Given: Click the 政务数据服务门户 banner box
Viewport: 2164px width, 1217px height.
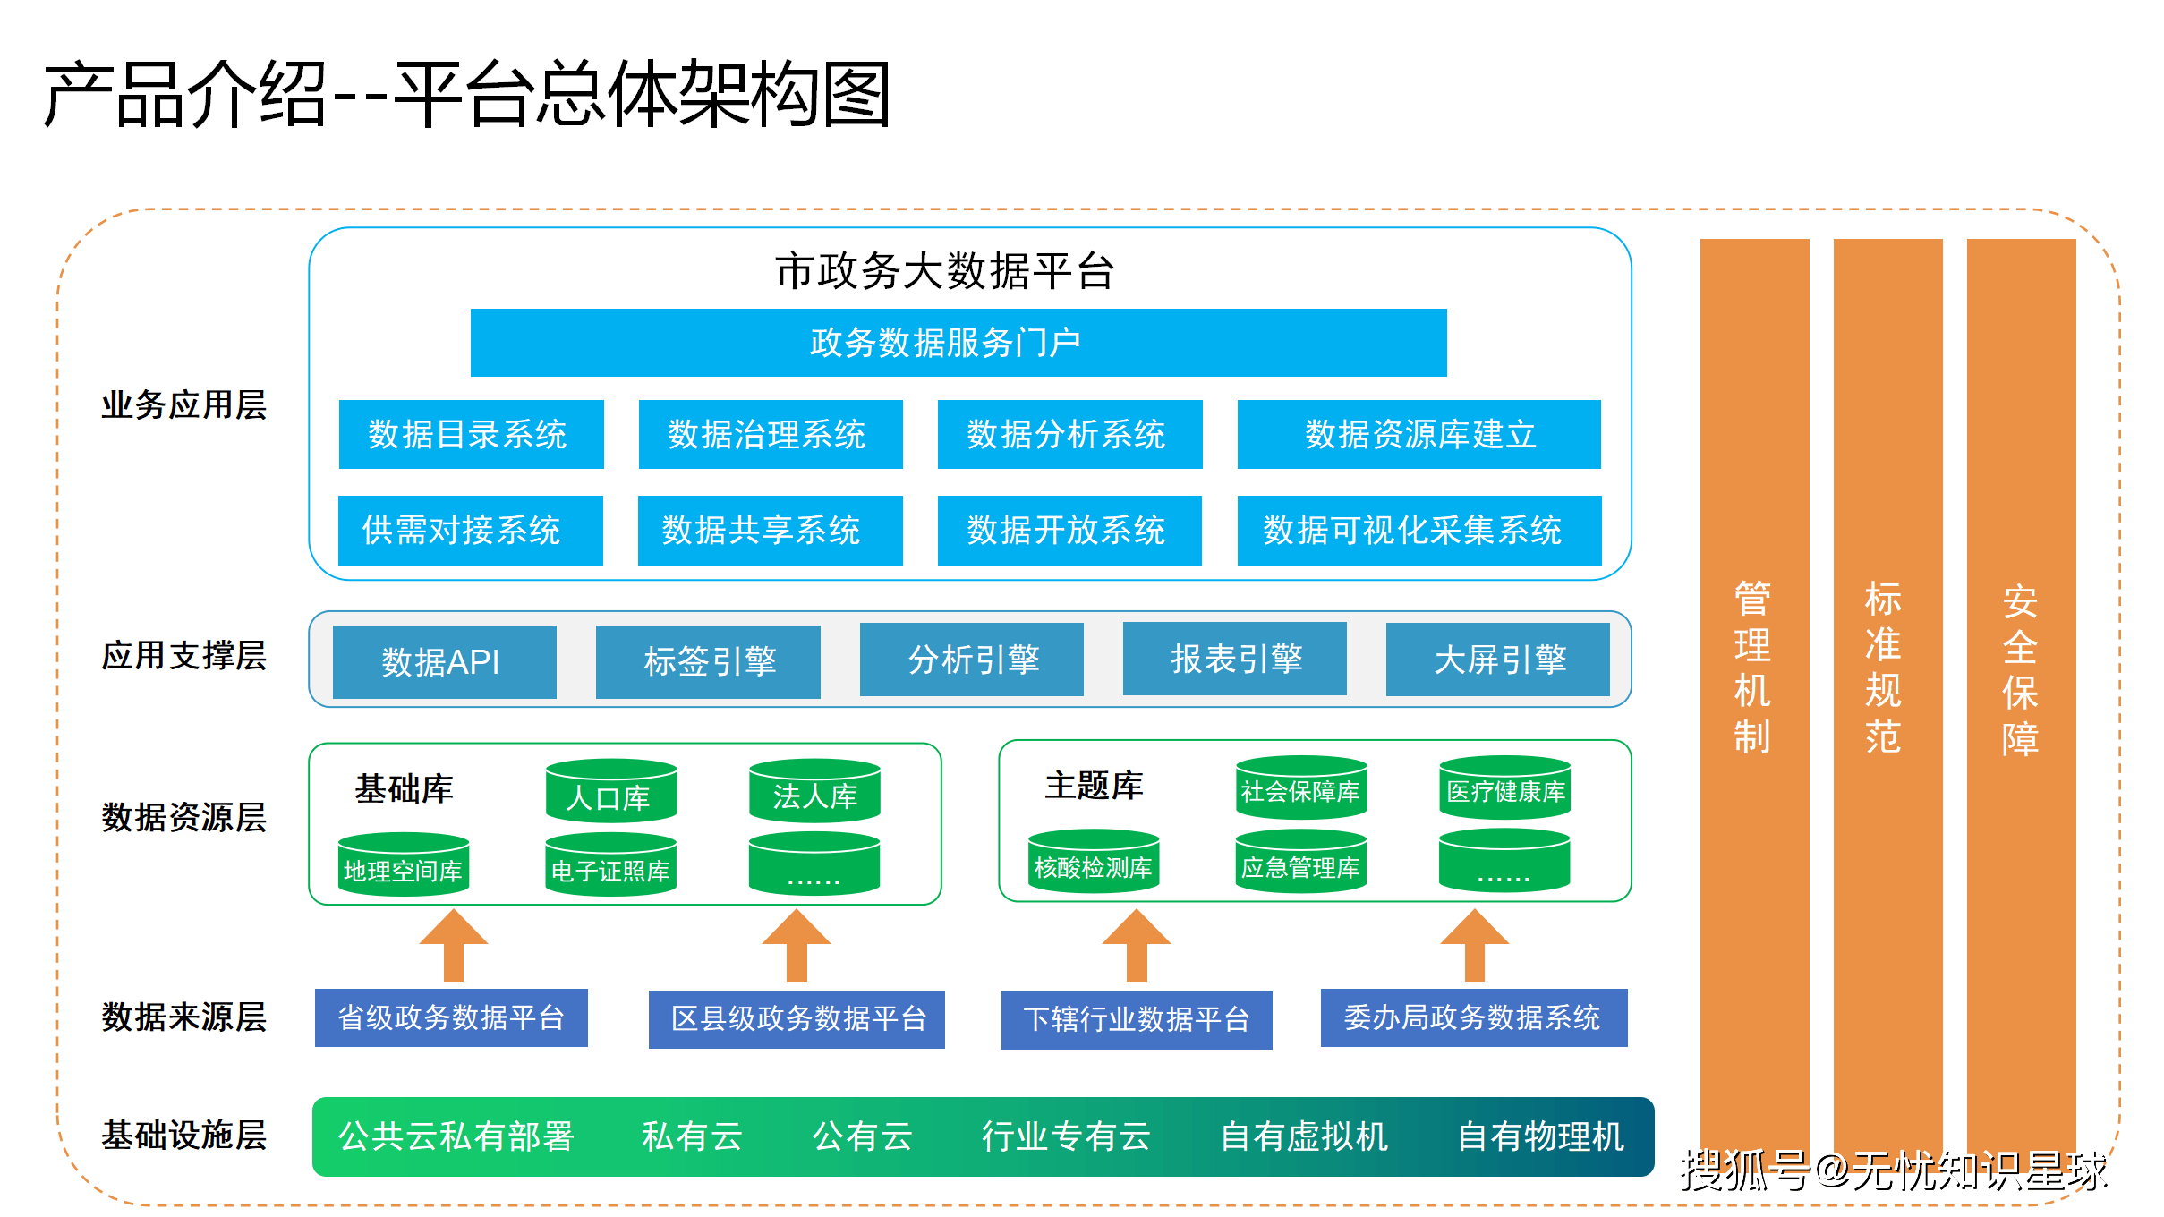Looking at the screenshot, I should (x=958, y=343).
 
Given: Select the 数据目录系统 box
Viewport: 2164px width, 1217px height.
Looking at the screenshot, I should (x=471, y=435).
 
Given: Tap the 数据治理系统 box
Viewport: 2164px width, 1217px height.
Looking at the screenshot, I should (x=770, y=435).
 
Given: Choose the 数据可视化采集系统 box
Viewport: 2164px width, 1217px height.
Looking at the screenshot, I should (x=1419, y=531).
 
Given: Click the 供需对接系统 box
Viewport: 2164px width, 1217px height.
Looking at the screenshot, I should (x=470, y=531).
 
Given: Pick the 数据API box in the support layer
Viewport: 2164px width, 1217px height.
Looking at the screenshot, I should (x=444, y=662).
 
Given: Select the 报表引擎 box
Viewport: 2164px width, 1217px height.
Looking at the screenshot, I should (x=1234, y=660).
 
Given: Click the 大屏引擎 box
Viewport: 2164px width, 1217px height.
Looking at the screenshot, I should (x=1497, y=660).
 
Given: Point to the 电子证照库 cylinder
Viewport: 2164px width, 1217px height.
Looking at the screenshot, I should (x=611, y=866).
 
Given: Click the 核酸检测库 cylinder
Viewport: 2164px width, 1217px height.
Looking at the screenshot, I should (x=1093, y=864).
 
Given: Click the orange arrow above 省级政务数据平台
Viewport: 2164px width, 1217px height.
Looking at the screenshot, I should (x=454, y=947).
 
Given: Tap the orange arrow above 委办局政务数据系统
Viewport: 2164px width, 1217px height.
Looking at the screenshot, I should (x=1474, y=947).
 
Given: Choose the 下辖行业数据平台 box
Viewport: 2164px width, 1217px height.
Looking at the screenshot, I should (x=1136, y=1020).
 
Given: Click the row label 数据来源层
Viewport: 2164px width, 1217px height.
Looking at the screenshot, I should (x=183, y=1017).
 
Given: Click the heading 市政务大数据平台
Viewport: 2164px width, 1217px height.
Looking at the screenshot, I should (x=944, y=271).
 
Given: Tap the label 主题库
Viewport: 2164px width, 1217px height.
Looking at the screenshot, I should (x=1094, y=786).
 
